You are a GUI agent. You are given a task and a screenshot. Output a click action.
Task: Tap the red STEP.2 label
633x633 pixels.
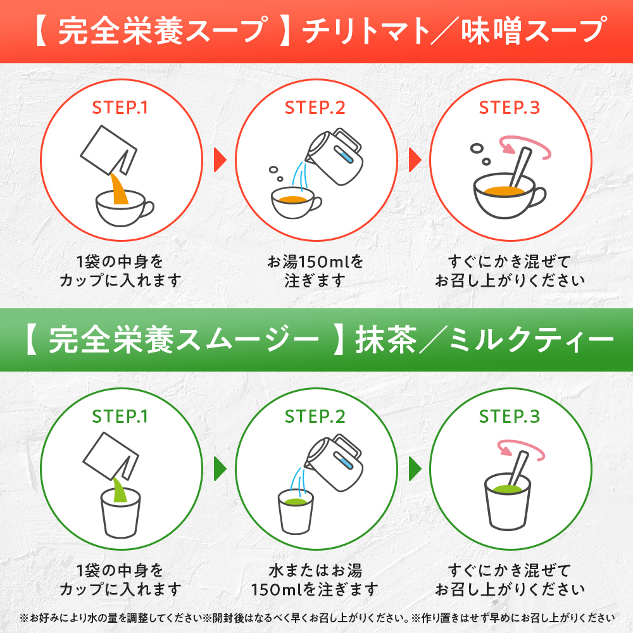pos(315,108)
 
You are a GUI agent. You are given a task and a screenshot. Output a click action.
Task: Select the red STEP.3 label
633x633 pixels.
pos(510,108)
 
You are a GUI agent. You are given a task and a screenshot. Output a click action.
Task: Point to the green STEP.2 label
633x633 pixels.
pos(315,417)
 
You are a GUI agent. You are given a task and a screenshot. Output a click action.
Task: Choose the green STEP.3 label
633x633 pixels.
pos(510,417)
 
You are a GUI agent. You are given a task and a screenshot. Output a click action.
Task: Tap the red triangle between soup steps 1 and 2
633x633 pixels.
pos(219,160)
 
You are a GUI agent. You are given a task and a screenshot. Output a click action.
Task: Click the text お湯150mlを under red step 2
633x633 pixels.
pos(315,261)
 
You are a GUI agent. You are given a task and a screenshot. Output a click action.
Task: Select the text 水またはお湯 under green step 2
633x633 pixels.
pos(315,570)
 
